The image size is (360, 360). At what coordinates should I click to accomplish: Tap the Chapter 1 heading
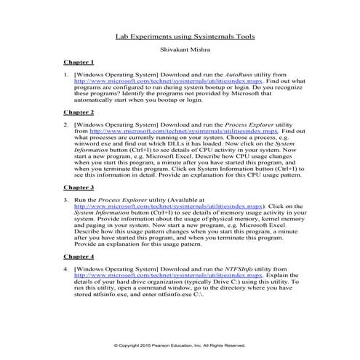click(x=78, y=63)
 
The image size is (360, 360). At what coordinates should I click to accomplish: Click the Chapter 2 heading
click(x=78, y=113)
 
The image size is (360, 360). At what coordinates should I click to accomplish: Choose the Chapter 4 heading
click(x=78, y=257)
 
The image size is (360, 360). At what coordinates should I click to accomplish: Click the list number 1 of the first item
click(x=66, y=75)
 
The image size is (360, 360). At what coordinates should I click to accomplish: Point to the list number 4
click(x=66, y=269)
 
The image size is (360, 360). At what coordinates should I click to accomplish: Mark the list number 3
click(x=66, y=199)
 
